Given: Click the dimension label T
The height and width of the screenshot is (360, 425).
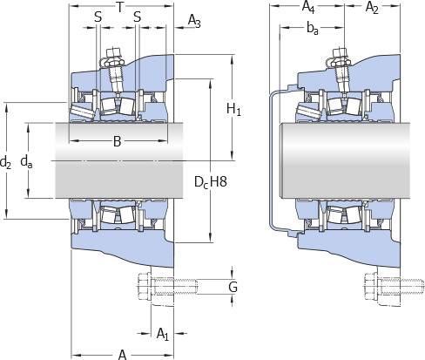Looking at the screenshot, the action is [x=119, y=8].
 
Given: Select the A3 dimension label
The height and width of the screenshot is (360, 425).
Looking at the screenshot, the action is [x=194, y=21].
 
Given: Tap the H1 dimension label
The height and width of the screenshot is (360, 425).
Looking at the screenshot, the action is [x=233, y=110].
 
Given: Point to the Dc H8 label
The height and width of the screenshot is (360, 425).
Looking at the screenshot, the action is [x=211, y=182].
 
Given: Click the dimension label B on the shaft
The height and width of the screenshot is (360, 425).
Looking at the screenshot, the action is [x=117, y=141].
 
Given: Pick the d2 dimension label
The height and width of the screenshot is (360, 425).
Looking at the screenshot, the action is [x=5, y=162].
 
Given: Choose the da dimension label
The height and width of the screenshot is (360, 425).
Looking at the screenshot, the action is [x=26, y=161].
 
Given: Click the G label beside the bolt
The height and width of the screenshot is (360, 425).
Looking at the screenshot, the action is [x=233, y=287].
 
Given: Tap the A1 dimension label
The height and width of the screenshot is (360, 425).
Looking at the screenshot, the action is [x=163, y=334].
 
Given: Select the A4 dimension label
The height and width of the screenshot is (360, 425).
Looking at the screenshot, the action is [x=308, y=7].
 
